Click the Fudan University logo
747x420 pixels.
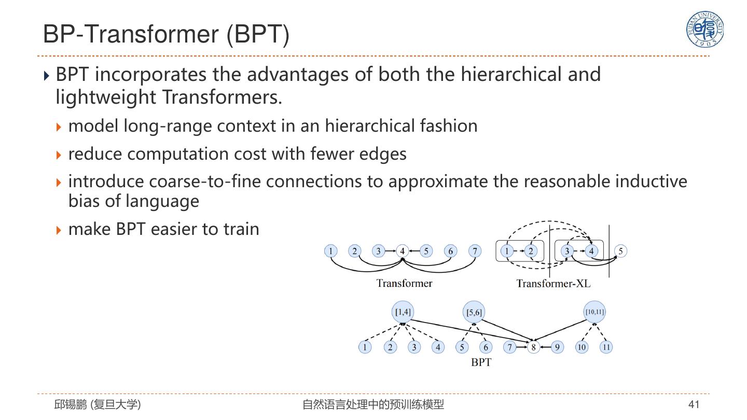(704, 30)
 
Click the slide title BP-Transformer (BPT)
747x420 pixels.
(166, 34)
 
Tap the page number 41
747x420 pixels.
(694, 404)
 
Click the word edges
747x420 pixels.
(383, 154)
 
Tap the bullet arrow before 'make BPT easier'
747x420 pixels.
(59, 229)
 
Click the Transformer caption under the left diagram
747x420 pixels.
(404, 283)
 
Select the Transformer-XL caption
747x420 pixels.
(553, 283)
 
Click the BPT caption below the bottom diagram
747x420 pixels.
(481, 362)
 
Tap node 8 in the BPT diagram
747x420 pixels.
(533, 347)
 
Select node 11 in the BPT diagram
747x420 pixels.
(606, 347)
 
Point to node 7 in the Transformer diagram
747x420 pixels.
(475, 251)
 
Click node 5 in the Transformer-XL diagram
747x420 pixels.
(620, 251)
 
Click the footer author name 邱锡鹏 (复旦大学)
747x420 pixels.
(98, 404)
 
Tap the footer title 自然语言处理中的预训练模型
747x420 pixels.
(373, 404)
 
